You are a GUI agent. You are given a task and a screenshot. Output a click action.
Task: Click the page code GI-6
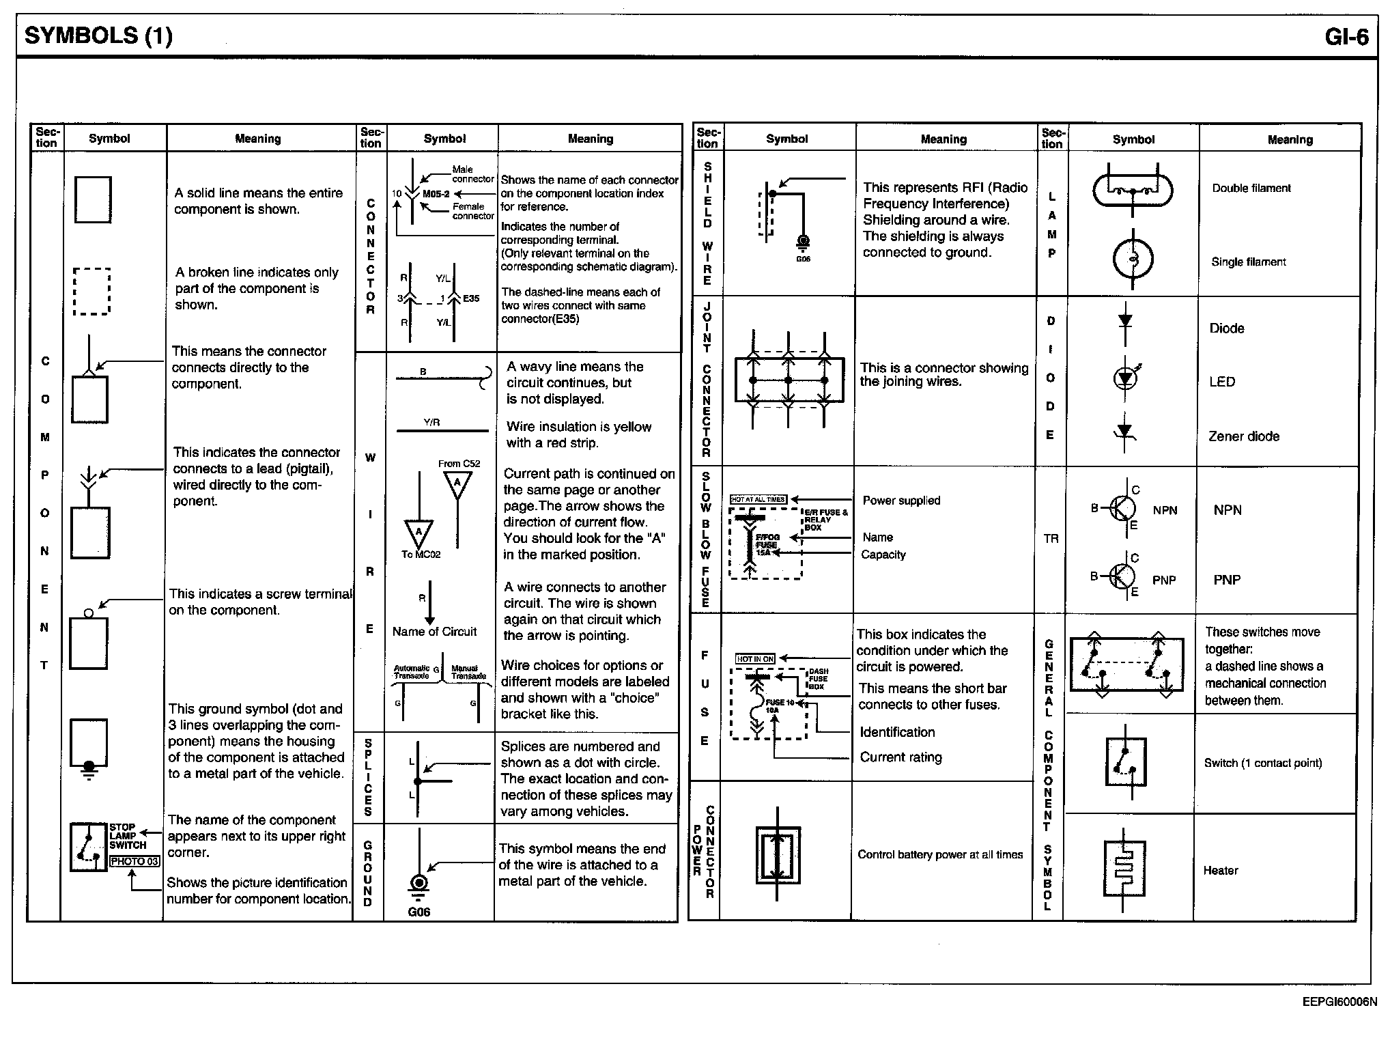click(1346, 36)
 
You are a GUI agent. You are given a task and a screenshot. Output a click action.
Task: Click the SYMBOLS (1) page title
click(98, 36)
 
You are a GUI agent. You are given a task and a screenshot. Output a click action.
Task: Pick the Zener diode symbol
click(1124, 432)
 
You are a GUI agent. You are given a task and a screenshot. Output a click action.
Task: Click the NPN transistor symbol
click(1121, 508)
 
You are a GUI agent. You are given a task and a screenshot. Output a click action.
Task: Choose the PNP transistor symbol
click(1121, 577)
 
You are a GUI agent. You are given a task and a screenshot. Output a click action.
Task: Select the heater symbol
click(1124, 869)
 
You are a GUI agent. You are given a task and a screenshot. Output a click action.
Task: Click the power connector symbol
click(778, 854)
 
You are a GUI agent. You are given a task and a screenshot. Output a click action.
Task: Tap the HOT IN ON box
click(755, 658)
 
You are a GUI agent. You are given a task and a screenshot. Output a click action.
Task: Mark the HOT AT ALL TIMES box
click(758, 499)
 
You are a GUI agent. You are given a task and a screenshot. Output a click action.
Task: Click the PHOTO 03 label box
click(134, 861)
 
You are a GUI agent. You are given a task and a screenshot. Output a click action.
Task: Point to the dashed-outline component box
click(91, 291)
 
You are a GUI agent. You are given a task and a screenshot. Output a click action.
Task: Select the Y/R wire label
click(431, 423)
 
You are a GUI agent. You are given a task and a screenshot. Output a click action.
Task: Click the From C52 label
click(459, 464)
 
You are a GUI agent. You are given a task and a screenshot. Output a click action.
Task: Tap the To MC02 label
click(421, 555)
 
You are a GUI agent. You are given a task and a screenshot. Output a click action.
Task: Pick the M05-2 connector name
click(436, 194)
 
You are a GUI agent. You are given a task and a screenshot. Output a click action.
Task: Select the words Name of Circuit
click(434, 632)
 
